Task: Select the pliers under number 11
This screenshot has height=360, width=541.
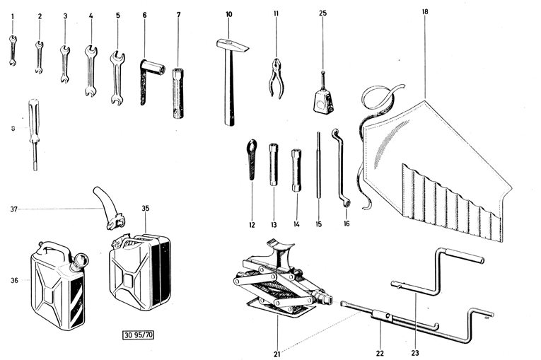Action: point(275,78)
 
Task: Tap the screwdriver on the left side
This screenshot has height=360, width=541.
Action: point(33,134)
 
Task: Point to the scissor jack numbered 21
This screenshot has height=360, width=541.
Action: point(279,283)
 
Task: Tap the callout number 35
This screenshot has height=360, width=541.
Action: point(146,209)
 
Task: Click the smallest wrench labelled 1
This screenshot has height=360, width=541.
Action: point(12,51)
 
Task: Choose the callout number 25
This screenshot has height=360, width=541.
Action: point(322,13)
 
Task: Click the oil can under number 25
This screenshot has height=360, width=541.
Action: point(324,99)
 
